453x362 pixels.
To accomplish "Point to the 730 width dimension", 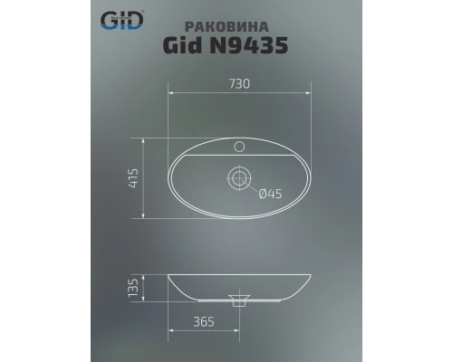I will coord(239,83).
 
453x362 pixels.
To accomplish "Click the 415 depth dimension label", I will coord(133,177).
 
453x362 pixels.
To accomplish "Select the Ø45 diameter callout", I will coord(270,193).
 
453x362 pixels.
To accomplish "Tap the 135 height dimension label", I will coord(133,287).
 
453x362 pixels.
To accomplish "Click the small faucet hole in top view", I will coord(240,145).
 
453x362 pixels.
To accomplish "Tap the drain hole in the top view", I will coord(240,178).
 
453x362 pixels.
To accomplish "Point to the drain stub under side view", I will coord(240,303).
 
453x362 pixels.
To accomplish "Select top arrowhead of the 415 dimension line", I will coord(143,139).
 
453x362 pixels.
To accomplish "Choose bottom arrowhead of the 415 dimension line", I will coord(143,217).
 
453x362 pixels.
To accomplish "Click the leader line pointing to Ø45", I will coord(253,187).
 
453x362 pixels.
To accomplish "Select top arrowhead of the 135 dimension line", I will coord(143,274).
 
